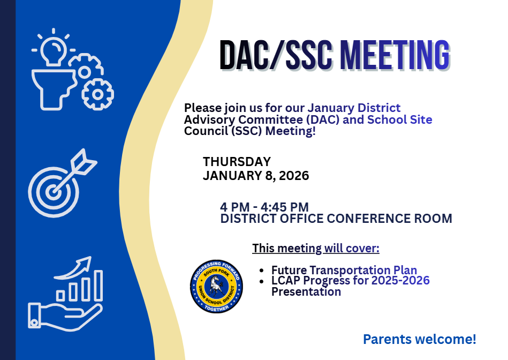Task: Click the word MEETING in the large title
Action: [x=394, y=55]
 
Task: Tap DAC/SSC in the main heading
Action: [x=277, y=55]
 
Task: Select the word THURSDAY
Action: [x=237, y=162]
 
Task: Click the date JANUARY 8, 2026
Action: [x=255, y=176]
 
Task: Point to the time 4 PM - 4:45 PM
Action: [x=264, y=207]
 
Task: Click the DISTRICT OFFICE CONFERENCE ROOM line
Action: [x=336, y=219]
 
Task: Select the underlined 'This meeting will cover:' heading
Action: [x=315, y=249]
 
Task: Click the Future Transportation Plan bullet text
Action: [x=344, y=270]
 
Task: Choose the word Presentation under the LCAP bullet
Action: [x=306, y=292]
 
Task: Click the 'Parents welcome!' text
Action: [x=419, y=339]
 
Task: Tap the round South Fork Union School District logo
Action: [x=216, y=287]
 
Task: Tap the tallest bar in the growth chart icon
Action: [x=98, y=285]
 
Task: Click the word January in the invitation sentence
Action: [x=327, y=108]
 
